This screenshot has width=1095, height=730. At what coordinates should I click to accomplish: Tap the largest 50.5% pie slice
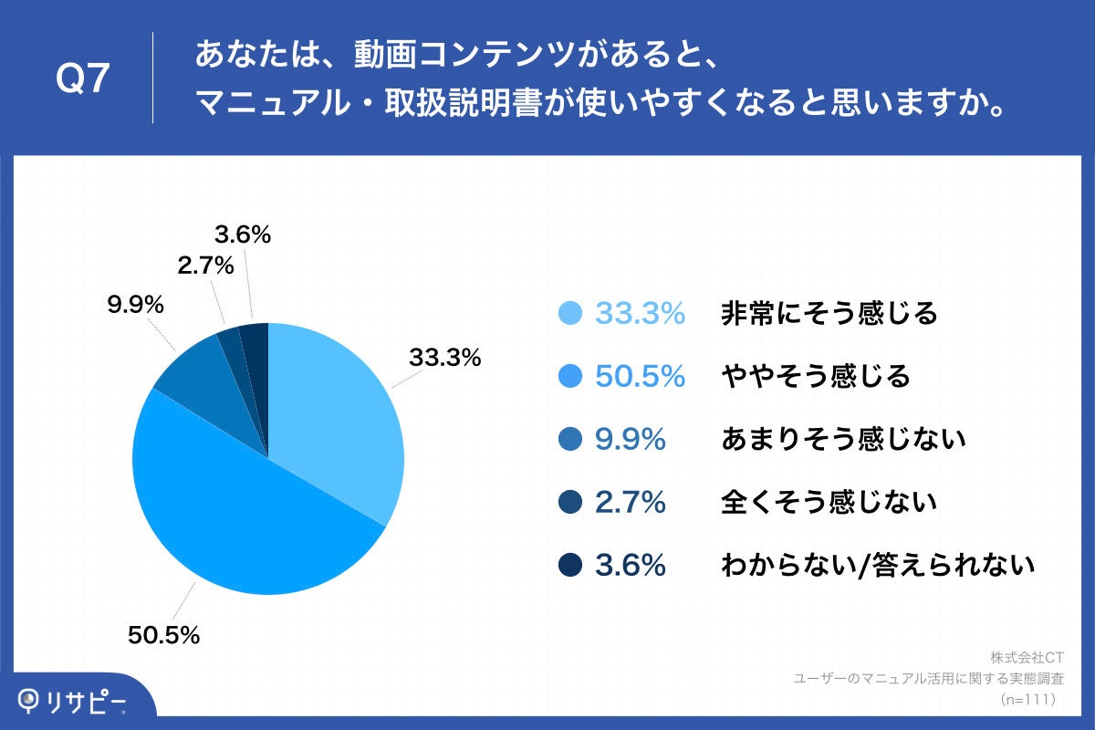coord(237,520)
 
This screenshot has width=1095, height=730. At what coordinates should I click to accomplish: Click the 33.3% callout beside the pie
coord(444,359)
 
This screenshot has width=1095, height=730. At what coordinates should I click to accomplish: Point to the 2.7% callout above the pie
coord(207,266)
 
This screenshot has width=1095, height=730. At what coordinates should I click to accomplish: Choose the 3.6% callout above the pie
coord(243,235)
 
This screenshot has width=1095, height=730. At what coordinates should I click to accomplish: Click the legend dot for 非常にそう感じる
coord(570,314)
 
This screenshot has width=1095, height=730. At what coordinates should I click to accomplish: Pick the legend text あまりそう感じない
coord(842,440)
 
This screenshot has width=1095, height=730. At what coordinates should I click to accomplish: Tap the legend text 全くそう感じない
coord(829,503)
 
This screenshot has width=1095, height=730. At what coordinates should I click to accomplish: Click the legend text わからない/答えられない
coord(877,566)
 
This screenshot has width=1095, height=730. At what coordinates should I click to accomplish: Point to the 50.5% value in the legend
coord(640,377)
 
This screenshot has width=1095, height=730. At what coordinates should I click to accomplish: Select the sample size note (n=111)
coord(1027,699)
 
